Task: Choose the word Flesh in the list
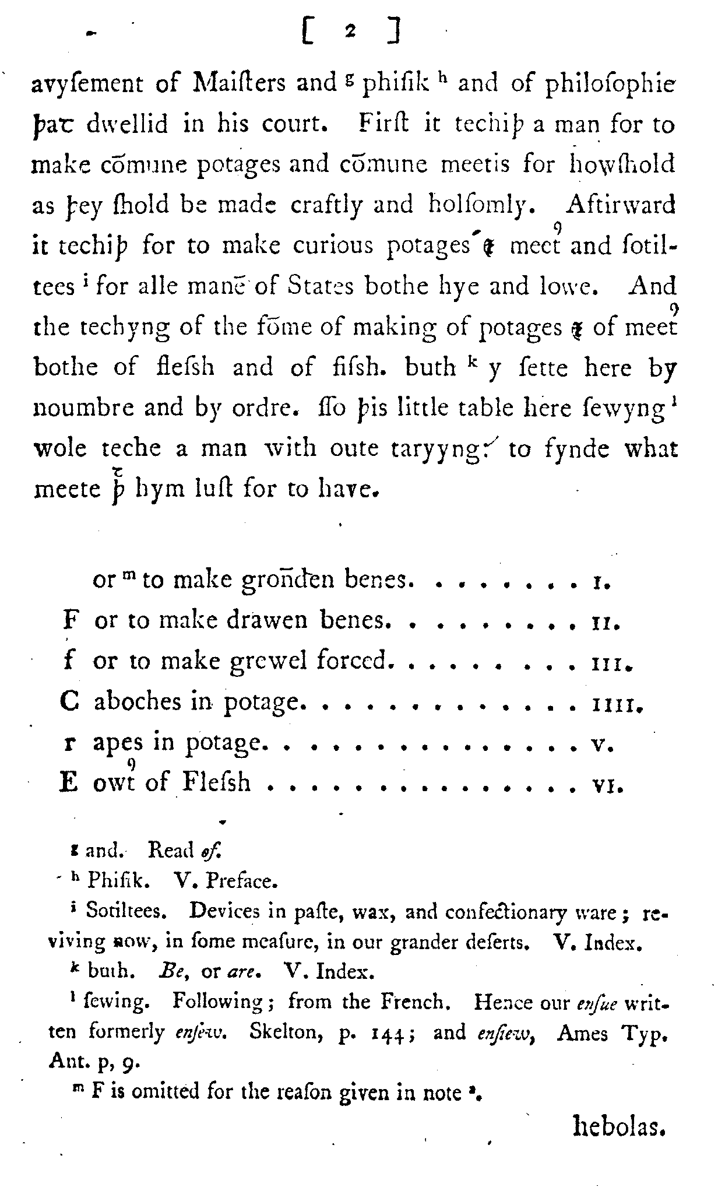pyautogui.click(x=216, y=782)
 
